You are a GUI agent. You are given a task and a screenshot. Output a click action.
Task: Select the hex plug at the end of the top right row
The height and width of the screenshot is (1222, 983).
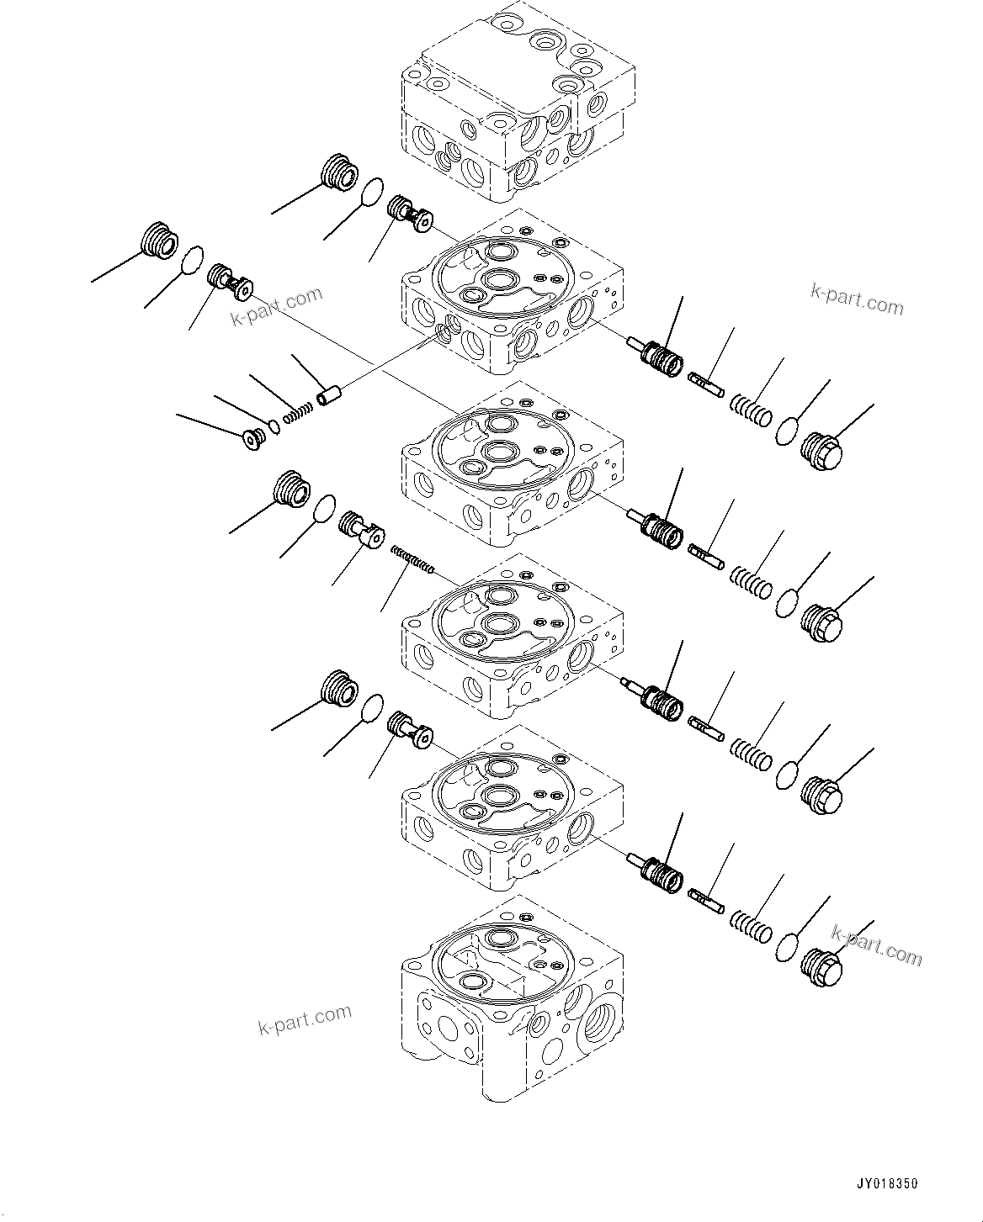(820, 452)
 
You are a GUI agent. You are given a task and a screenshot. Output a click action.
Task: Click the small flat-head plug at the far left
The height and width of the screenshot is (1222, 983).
(252, 440)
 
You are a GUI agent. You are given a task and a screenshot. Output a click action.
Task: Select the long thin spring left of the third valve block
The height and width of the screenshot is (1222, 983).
(412, 559)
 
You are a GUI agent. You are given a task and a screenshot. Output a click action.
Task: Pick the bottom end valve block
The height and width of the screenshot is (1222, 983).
(513, 1001)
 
